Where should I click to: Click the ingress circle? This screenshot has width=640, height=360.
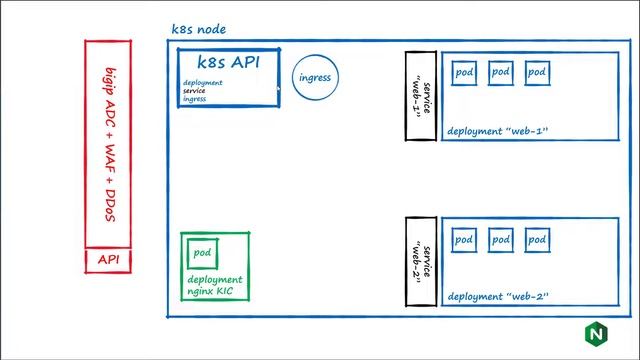315,77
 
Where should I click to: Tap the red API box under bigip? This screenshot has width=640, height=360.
109,260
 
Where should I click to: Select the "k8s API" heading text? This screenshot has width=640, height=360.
227,62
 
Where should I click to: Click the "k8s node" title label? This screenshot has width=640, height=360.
200,30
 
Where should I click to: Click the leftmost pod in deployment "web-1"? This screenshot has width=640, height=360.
465,73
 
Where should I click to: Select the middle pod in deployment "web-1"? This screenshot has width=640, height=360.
501,73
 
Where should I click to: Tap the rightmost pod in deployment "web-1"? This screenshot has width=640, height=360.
537,73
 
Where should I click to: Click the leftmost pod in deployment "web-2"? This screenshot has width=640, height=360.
465,240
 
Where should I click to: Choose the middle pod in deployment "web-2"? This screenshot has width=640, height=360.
501,240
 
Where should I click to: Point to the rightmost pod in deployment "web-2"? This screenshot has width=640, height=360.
537,240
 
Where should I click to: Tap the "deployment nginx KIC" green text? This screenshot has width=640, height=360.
214,286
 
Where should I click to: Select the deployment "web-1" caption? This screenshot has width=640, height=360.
498,132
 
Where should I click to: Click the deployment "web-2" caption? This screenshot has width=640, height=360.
498,298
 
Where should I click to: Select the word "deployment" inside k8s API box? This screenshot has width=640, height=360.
203,83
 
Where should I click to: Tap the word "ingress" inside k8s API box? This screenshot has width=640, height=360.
195,99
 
